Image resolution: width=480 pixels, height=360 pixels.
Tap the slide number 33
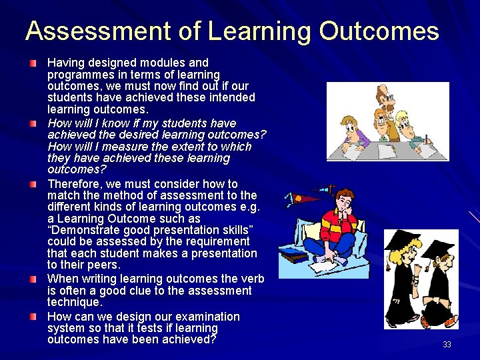pyautogui.click(x=447, y=345)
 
